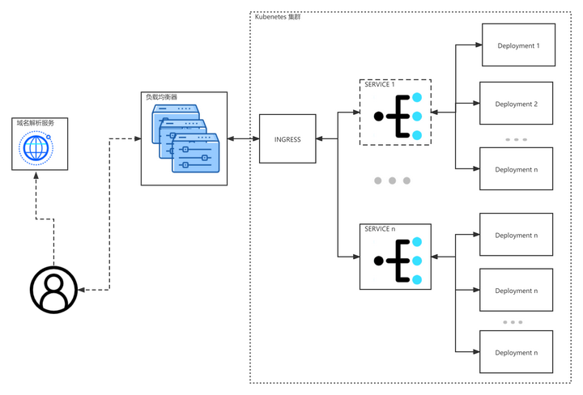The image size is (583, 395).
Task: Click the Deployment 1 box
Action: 518,45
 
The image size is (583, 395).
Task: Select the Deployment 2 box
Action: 516,104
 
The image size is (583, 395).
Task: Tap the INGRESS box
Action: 287,138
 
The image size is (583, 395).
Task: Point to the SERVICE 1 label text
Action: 379,84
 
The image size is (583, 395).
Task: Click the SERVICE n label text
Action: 380,229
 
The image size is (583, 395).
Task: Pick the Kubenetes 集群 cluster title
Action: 278,17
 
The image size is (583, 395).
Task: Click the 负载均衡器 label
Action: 161,97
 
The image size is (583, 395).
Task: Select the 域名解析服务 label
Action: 36,123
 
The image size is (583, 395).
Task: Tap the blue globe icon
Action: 36,147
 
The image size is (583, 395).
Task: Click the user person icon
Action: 54,290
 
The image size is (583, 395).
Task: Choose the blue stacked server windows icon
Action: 185,138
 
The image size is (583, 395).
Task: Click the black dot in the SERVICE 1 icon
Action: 378,117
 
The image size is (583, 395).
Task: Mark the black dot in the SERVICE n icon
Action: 378,261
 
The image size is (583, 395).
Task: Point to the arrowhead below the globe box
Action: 36,175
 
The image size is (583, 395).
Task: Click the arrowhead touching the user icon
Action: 82,290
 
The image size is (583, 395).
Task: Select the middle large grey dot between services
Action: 392,181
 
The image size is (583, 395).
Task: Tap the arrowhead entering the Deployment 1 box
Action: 479,45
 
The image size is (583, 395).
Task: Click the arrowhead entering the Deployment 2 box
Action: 476,104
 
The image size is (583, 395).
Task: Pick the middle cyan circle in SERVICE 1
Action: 417,117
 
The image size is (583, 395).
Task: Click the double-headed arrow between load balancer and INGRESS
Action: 243,138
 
